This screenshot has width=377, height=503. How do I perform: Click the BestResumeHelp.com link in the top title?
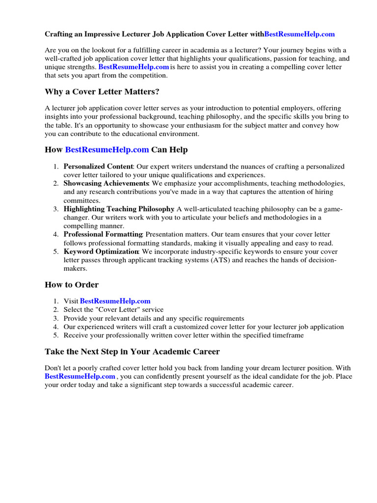299,34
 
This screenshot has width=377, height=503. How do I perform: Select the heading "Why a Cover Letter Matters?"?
102,92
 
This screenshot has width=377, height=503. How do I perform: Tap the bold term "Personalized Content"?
98,167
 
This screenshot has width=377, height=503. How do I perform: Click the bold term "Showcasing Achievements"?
106,183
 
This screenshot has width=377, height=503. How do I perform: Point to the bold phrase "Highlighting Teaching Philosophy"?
119,209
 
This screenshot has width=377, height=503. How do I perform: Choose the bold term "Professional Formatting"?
103,234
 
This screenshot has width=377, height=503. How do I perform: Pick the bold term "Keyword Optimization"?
102,251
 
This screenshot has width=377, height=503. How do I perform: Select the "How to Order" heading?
72,284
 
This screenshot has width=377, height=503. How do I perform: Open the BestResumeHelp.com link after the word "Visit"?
115,301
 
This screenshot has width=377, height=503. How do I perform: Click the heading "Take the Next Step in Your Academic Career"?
132,352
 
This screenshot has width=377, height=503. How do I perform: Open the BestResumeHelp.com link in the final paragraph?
80,376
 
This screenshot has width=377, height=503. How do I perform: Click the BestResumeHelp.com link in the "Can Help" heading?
107,149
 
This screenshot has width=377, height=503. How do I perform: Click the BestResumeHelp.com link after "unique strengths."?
134,67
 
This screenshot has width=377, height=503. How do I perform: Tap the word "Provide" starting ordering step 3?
76,318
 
